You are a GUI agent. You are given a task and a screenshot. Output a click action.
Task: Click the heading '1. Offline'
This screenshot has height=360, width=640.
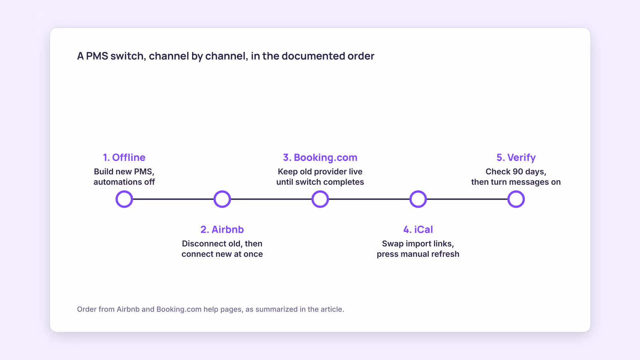pos(124,158)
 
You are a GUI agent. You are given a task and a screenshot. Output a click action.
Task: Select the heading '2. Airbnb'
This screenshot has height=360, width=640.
pos(222,230)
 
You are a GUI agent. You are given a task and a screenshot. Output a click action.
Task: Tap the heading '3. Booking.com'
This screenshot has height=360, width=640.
pos(320,158)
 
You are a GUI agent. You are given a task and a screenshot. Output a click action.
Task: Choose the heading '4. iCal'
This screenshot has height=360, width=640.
pos(418,230)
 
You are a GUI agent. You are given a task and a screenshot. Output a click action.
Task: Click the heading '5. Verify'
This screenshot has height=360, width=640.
pos(516,158)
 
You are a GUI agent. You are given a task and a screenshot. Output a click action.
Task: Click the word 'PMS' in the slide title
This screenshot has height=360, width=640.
pos(97,56)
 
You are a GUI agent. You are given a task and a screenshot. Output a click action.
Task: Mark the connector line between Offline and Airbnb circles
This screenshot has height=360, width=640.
pos(174,199)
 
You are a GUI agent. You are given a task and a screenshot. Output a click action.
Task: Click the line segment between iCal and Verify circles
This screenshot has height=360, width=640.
pos(467,199)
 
